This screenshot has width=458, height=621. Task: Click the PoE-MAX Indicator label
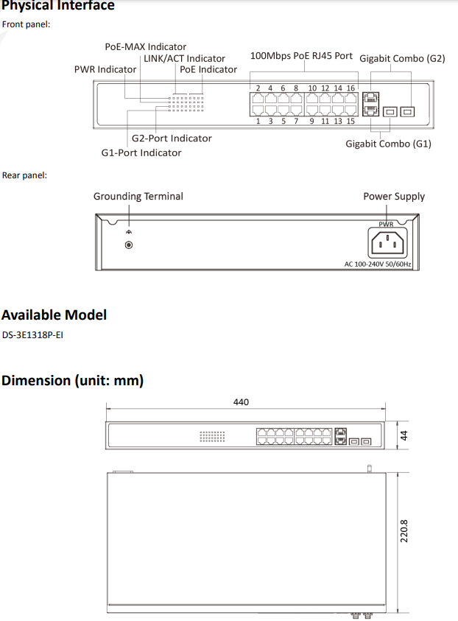145,46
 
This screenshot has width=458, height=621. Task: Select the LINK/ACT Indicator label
184,58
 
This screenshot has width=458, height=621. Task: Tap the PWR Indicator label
105,69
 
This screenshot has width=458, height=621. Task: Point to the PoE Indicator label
208,69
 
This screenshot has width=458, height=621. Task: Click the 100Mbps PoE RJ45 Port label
301,56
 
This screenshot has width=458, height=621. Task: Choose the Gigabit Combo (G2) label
402,57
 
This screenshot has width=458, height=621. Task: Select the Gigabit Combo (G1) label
388,144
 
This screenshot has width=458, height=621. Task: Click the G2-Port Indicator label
172,138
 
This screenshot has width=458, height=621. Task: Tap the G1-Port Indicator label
141,152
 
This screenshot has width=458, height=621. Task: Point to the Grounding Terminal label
138,196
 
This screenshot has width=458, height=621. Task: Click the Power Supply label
394,196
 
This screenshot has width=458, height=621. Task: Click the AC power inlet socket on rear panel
387,242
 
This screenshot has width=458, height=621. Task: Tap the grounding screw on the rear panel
130,245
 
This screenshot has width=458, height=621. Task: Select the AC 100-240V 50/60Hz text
378,264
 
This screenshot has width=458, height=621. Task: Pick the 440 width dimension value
241,402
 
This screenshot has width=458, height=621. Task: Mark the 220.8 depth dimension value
404,531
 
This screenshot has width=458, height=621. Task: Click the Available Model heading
54,315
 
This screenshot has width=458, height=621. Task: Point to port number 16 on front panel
350,88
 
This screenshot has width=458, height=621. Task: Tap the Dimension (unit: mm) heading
72,380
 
